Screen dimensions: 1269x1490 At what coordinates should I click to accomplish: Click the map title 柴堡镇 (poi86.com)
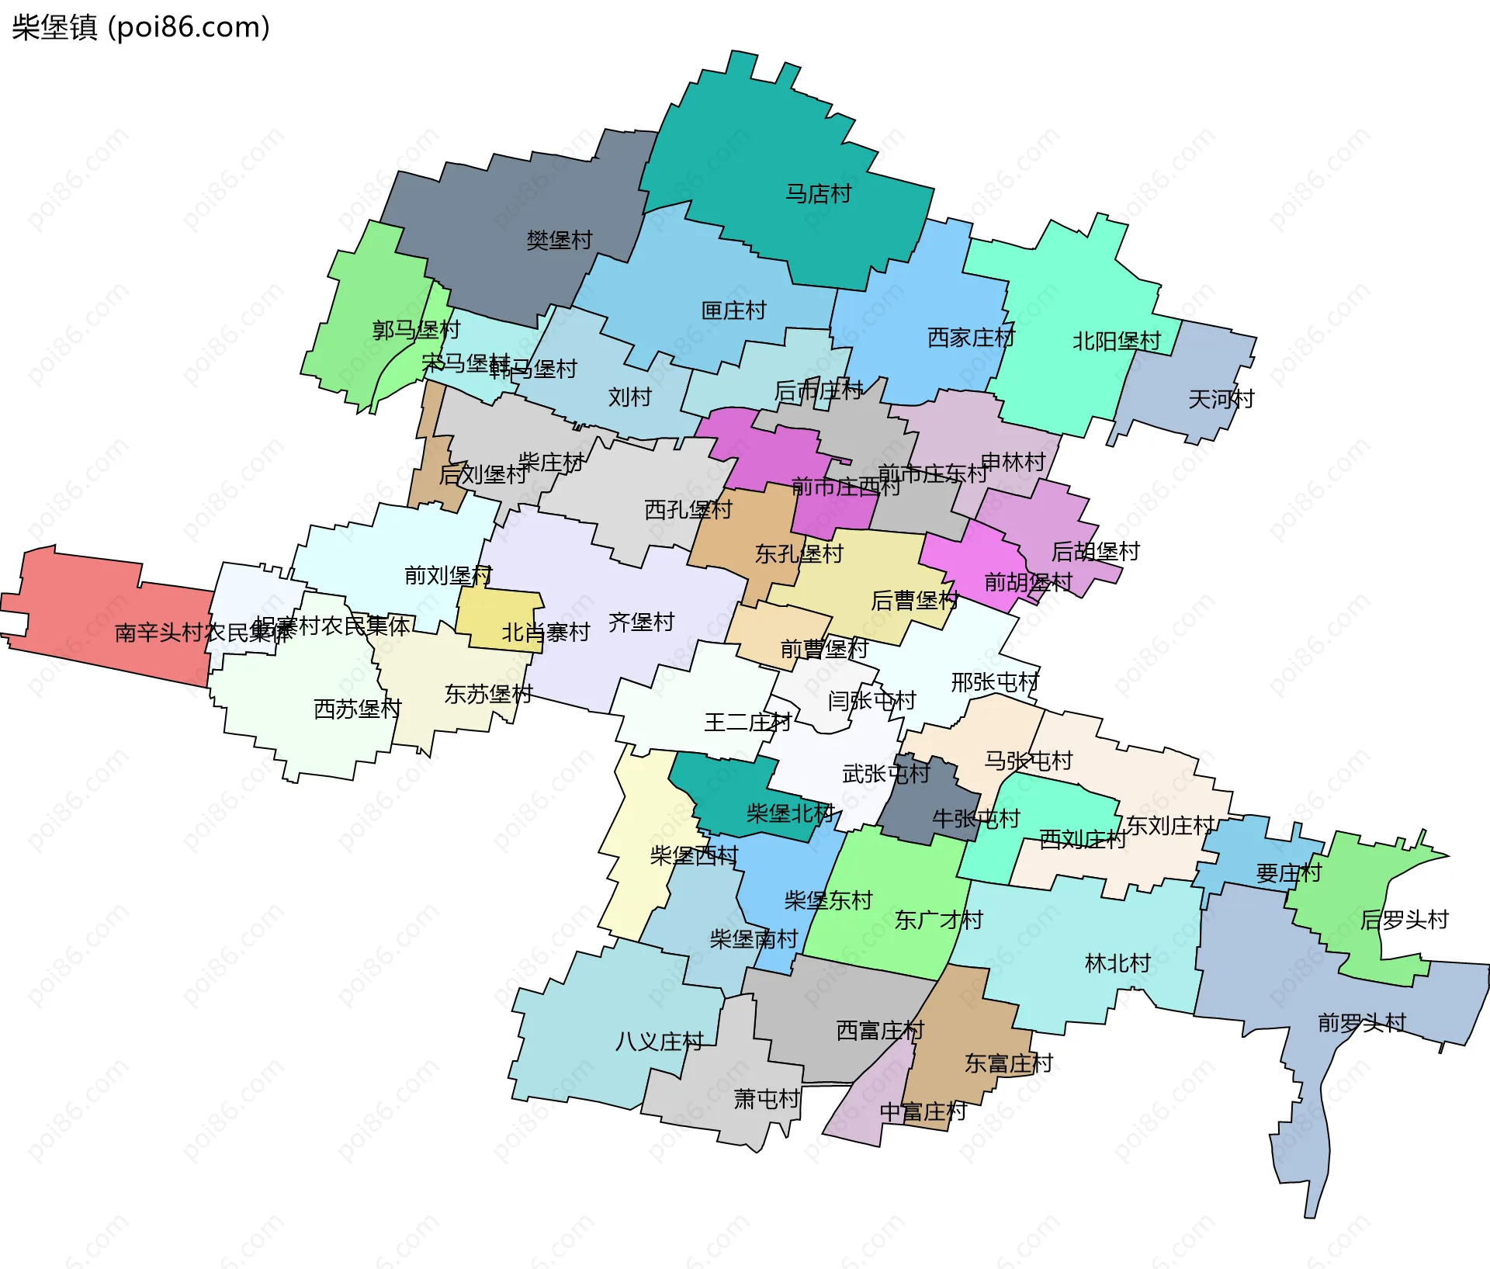click(140, 27)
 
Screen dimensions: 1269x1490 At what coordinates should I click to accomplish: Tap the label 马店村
click(818, 193)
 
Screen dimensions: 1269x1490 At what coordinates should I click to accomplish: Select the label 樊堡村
click(559, 240)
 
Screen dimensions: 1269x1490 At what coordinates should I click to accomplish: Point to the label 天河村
click(1221, 399)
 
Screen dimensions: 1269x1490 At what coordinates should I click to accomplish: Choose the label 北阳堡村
click(1116, 341)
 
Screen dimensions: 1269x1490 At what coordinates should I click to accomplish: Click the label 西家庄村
click(970, 338)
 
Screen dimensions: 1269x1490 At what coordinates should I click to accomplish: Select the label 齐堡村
click(641, 622)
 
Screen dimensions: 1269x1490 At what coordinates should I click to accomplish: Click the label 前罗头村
click(1361, 1022)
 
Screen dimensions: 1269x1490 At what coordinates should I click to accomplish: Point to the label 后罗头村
click(1404, 920)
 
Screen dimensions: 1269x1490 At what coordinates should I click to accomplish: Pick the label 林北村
click(1117, 963)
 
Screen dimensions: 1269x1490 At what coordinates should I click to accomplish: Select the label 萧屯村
click(766, 1099)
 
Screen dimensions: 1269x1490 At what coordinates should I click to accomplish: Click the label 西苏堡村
click(357, 709)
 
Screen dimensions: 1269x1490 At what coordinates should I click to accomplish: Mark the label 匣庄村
click(733, 310)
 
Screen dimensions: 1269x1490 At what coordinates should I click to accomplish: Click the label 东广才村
click(938, 920)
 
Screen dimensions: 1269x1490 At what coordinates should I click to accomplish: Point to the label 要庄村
click(1288, 873)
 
